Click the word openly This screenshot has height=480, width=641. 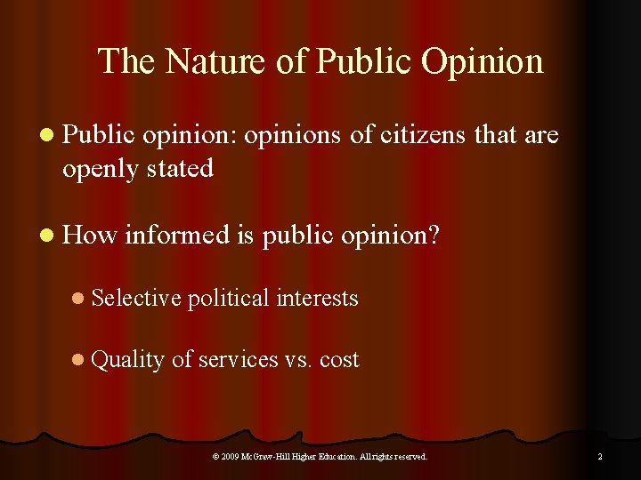99,167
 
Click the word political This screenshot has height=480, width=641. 230,298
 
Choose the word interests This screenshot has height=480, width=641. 317,298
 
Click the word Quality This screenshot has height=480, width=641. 127,360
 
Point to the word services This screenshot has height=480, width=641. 238,360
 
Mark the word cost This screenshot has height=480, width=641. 339,360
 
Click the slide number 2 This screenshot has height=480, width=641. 600,457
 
